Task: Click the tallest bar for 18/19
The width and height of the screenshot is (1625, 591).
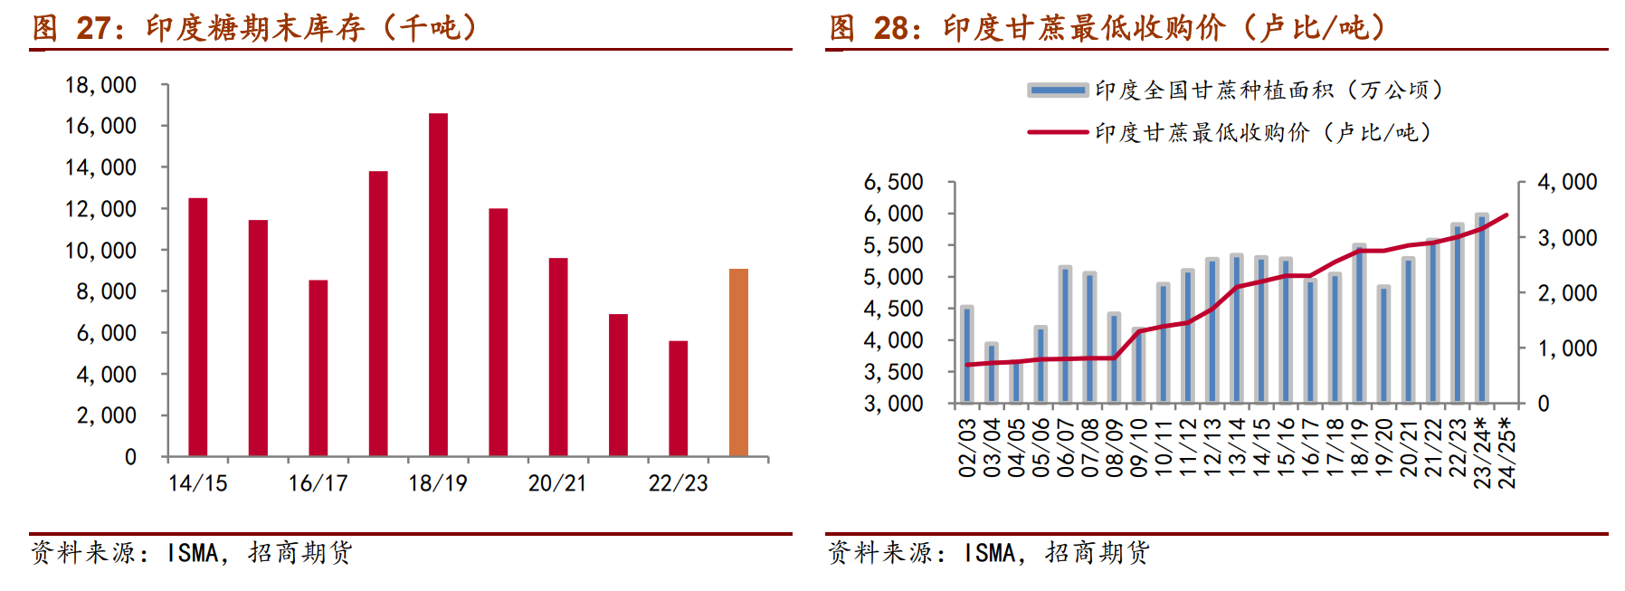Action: pos(438,284)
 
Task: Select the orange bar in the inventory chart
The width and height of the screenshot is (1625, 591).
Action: pos(738,362)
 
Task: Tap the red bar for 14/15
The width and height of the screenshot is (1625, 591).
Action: pos(197,327)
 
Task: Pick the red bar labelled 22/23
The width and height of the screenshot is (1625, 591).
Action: pos(678,398)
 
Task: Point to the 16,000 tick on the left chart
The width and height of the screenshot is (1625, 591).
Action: pos(100,126)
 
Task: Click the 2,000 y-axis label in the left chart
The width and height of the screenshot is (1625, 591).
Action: pos(106,415)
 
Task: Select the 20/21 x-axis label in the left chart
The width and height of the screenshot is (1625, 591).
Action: pos(557,483)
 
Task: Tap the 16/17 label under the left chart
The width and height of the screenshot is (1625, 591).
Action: pos(318,483)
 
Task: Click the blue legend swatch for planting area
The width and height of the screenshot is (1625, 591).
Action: pos(1058,90)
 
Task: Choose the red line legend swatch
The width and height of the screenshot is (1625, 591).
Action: pos(1058,132)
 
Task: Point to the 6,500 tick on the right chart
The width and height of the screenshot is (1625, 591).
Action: pos(893,182)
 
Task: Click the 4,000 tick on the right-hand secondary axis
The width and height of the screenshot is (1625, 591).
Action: pos(1567,182)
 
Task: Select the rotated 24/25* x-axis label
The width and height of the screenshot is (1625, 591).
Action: pos(1506,453)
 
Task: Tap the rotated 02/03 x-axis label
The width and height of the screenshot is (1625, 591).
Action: pos(967,447)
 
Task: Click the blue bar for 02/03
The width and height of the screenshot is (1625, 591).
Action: pos(967,355)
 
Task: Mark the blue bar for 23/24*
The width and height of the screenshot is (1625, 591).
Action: pos(1481,309)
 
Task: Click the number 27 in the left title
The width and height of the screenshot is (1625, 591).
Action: pos(94,28)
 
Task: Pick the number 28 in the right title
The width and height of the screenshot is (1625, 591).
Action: pos(891,28)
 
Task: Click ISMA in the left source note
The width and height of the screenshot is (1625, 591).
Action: pos(193,553)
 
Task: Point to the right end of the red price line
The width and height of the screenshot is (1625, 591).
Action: pos(1506,215)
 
